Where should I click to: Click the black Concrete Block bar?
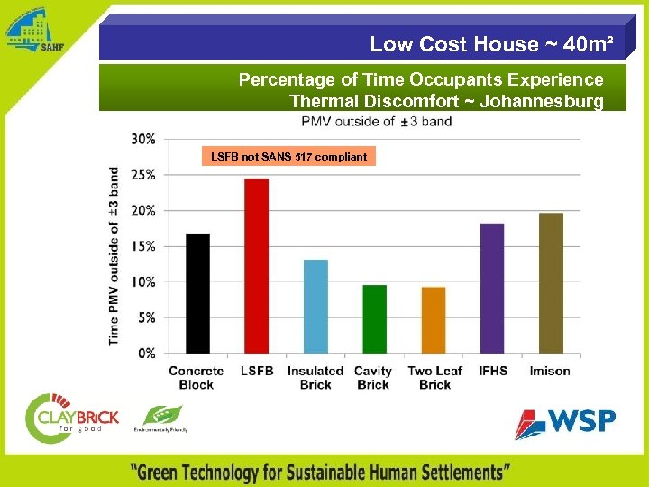pyautogui.click(x=197, y=293)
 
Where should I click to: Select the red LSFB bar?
pyautogui.click(x=256, y=266)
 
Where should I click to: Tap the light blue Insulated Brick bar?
pyautogui.click(x=315, y=307)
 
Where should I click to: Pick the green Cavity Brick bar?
pyautogui.click(x=374, y=319)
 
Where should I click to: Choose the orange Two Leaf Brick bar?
pyautogui.click(x=434, y=320)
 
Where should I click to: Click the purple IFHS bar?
pyautogui.click(x=492, y=288)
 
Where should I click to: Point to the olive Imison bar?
pyautogui.click(x=551, y=283)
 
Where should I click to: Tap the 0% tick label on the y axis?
pyautogui.click(x=147, y=354)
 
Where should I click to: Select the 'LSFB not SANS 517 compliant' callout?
pyautogui.click(x=288, y=157)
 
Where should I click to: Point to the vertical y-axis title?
pyautogui.click(x=114, y=255)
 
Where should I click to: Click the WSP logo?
pyautogui.click(x=565, y=421)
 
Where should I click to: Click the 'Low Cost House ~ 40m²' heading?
pyautogui.click(x=492, y=43)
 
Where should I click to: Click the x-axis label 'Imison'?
pyautogui.click(x=550, y=371)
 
